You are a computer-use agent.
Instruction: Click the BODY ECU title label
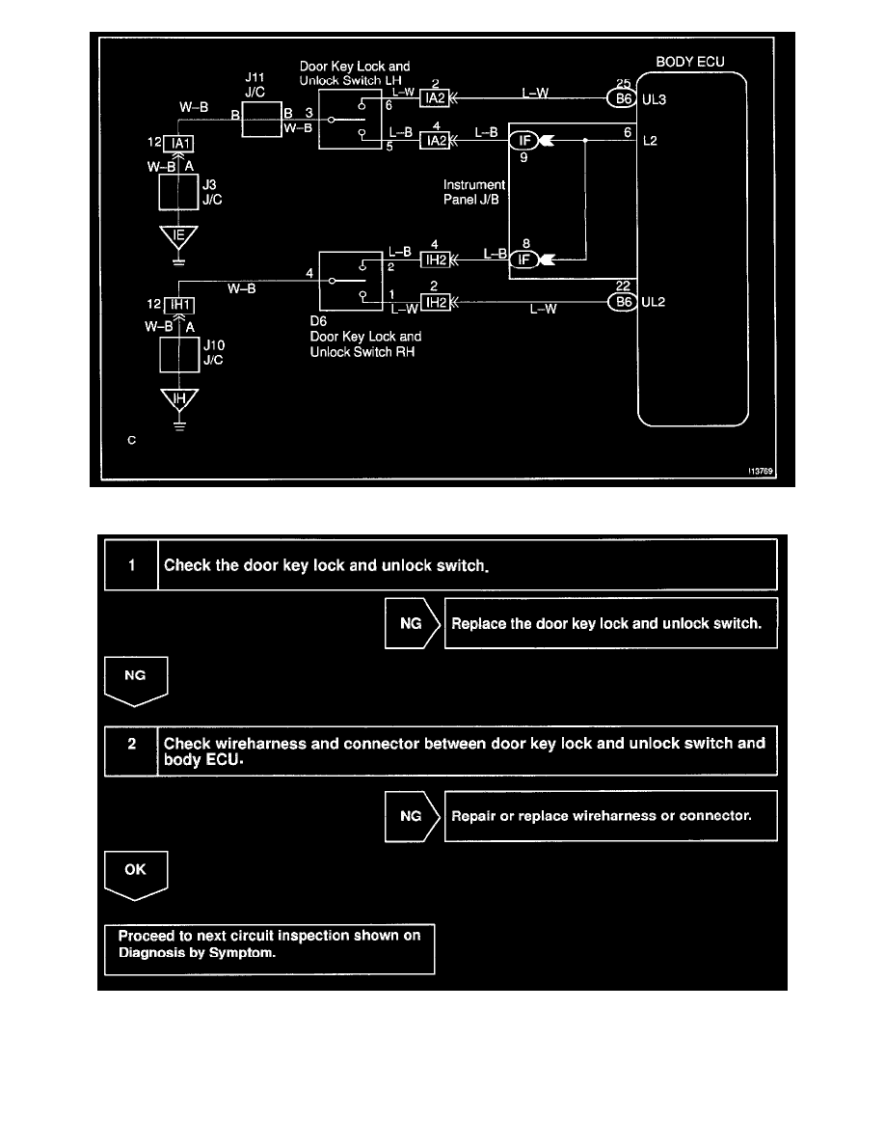pos(690,62)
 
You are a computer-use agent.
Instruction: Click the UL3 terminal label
pos(655,99)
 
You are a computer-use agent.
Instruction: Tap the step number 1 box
pos(131,564)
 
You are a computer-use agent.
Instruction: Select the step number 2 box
pos(131,750)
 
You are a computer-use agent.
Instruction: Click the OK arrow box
pos(136,871)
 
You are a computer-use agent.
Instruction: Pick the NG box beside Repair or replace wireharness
pos(411,816)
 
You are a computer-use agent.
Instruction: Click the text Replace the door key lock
pos(606,623)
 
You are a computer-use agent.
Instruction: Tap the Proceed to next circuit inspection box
pos(269,949)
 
